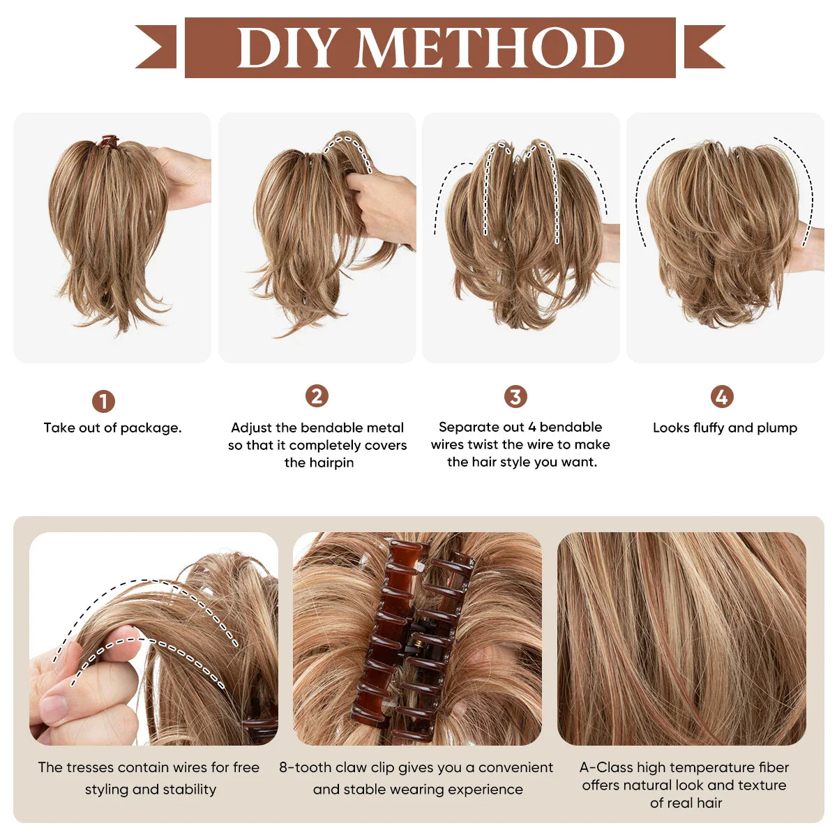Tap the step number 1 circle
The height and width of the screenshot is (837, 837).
coord(103,401)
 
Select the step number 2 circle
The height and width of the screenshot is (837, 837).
coord(317,396)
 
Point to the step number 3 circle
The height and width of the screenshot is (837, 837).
coord(515,397)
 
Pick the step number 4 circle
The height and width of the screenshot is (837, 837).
coord(722,397)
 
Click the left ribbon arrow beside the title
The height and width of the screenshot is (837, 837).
coord(157,47)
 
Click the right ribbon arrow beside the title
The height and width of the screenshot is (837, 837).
coord(704,47)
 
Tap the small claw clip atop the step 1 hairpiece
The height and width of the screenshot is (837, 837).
coord(108,142)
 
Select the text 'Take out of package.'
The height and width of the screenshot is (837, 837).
coord(112,428)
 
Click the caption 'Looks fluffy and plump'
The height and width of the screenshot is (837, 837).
coord(725,428)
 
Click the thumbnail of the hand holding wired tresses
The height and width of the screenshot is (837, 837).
coord(153,638)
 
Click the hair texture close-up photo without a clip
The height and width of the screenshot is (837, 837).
coord(681,638)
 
